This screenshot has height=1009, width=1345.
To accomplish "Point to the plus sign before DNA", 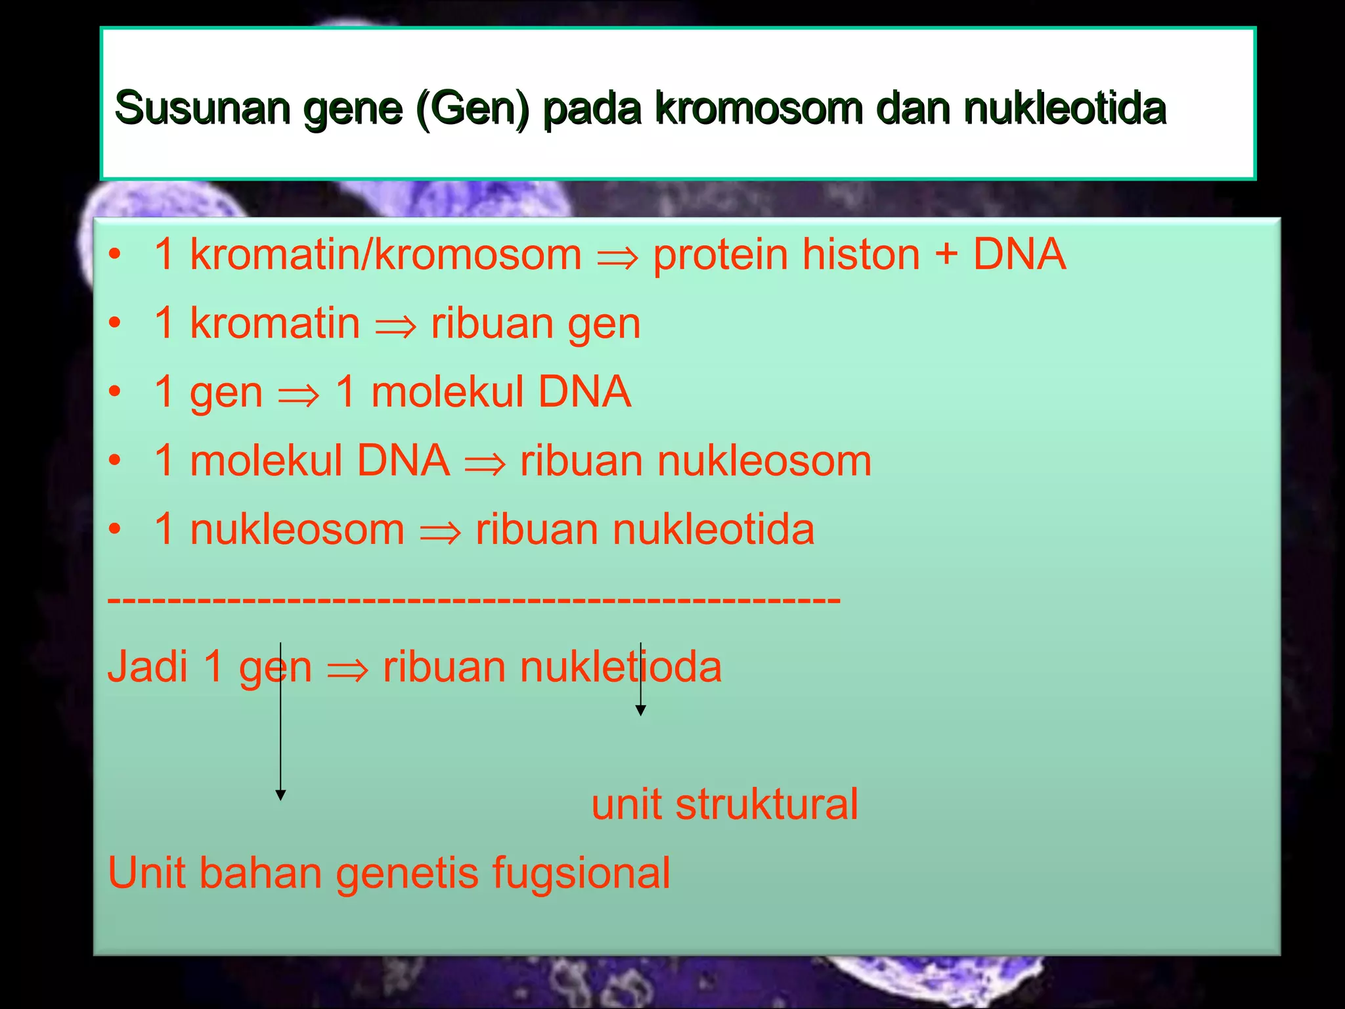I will click(x=946, y=255).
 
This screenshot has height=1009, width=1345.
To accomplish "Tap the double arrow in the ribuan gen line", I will click(x=395, y=325).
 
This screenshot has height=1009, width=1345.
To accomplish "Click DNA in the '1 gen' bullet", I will click(x=584, y=392).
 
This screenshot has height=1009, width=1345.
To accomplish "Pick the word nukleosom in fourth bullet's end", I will click(x=764, y=460).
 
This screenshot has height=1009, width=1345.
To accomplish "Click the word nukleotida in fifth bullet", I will click(x=713, y=529).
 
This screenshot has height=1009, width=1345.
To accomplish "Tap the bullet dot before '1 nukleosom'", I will click(x=116, y=529).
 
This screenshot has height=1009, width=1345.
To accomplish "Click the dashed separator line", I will click(x=473, y=600).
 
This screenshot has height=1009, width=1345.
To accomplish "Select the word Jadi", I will click(x=148, y=667).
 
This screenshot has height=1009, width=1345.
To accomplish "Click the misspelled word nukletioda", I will click(x=620, y=667).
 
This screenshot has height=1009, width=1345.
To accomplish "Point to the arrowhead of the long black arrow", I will click(x=280, y=796).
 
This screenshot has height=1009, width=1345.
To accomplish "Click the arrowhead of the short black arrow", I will click(x=640, y=710).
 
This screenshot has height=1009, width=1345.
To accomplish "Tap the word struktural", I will click(x=766, y=804).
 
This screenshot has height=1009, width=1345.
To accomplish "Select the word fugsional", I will click(x=581, y=874).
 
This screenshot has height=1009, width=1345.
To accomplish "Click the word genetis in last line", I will click(x=407, y=874).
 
